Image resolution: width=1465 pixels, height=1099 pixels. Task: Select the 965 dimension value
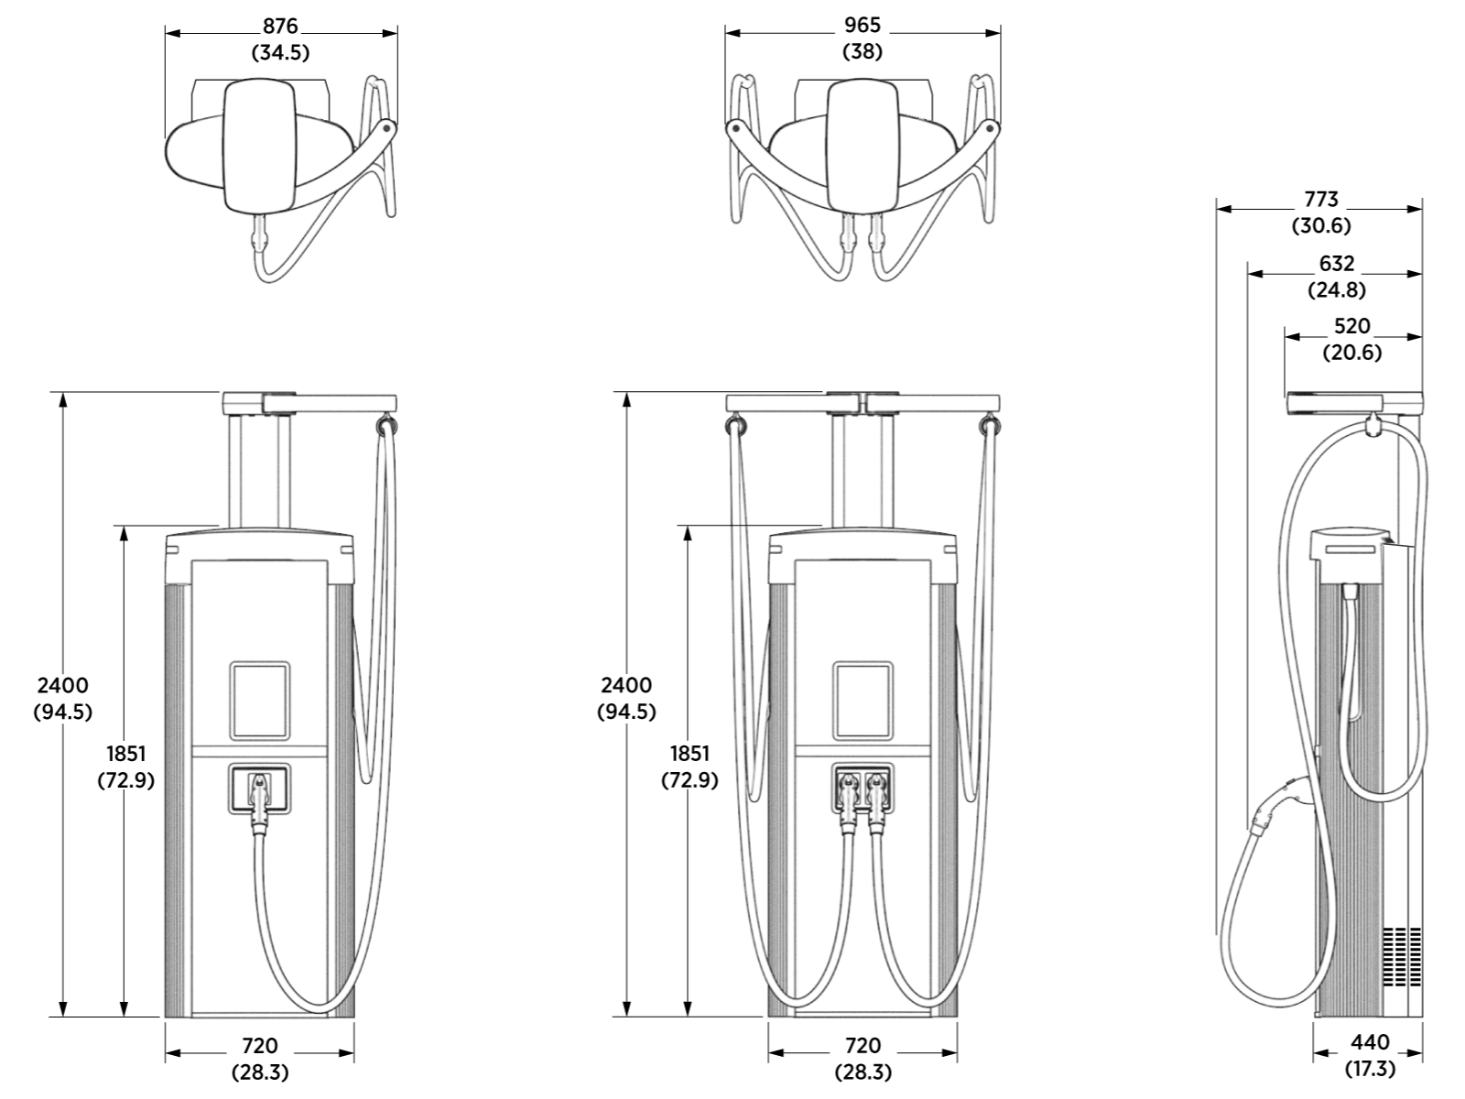[862, 27]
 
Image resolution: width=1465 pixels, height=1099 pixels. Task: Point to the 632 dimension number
[1336, 264]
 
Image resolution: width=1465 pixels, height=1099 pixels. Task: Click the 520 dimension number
[1352, 326]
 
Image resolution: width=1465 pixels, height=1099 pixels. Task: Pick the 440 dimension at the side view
[1369, 1042]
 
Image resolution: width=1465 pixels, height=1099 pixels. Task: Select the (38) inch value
[862, 52]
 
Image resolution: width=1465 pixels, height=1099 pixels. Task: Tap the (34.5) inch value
[280, 53]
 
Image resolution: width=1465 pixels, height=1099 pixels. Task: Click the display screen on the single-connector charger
[259, 701]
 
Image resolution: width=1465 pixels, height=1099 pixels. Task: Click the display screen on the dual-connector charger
[862, 701]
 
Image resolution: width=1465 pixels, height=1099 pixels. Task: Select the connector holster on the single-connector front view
[259, 789]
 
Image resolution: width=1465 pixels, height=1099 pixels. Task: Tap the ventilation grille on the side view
[1402, 956]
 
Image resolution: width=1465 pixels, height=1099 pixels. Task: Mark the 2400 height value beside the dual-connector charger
[626, 685]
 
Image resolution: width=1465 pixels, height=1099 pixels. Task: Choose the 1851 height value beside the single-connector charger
[125, 754]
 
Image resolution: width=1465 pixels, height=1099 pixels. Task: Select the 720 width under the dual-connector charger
[862, 1045]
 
